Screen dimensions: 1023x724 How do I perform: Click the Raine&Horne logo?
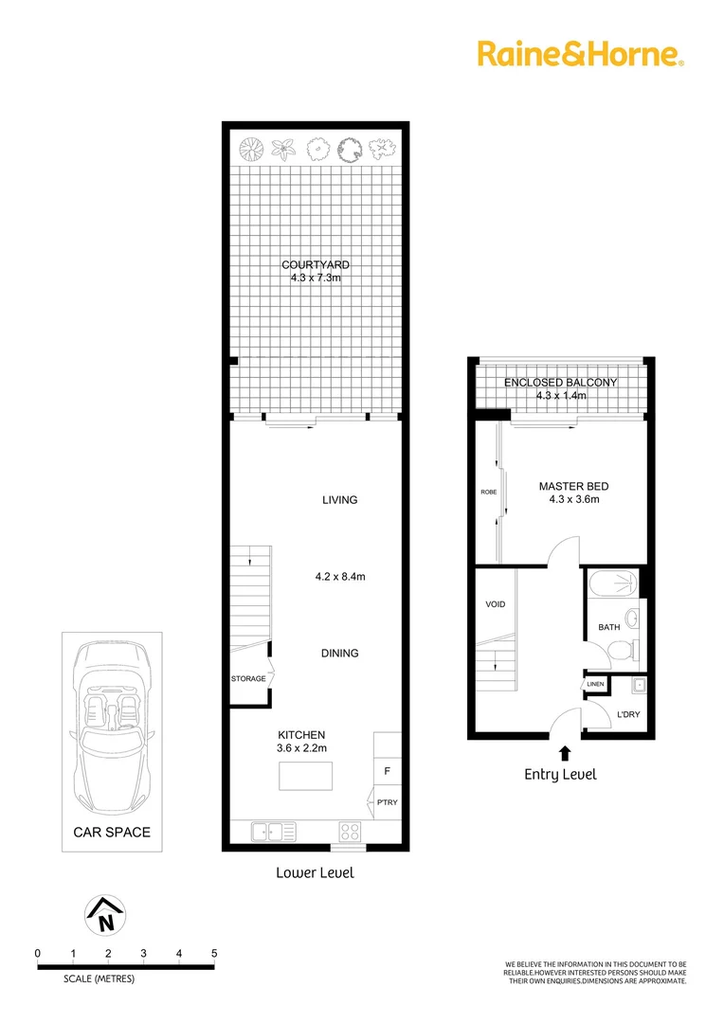[579, 53]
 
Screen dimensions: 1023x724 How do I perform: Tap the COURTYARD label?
[313, 264]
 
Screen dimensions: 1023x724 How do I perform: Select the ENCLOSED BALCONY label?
[560, 383]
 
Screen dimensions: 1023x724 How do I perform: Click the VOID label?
[495, 603]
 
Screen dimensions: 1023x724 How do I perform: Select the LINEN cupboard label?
[595, 684]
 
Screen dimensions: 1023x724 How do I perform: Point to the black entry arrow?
[566, 753]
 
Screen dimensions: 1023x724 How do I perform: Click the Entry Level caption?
[561, 774]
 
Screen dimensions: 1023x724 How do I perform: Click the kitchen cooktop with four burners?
[348, 832]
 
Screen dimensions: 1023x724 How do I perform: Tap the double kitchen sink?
[273, 832]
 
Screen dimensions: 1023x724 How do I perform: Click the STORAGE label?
[248, 678]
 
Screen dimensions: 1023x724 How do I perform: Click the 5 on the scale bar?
[215, 953]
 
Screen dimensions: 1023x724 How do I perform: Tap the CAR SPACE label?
[112, 833]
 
